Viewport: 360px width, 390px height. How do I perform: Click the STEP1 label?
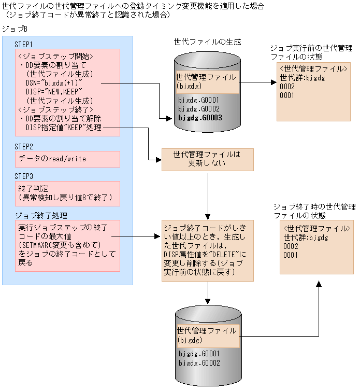[24, 44]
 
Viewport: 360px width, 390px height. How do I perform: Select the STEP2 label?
[24, 147]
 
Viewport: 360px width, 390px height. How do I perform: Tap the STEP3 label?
[24, 176]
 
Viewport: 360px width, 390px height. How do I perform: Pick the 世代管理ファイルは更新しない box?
[207, 159]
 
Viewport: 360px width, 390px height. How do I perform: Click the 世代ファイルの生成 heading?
[207, 41]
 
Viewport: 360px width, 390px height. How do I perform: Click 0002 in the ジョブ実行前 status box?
[287, 87]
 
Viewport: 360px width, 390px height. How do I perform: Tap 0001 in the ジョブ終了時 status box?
[291, 255]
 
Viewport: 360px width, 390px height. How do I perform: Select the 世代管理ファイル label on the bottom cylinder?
[206, 330]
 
